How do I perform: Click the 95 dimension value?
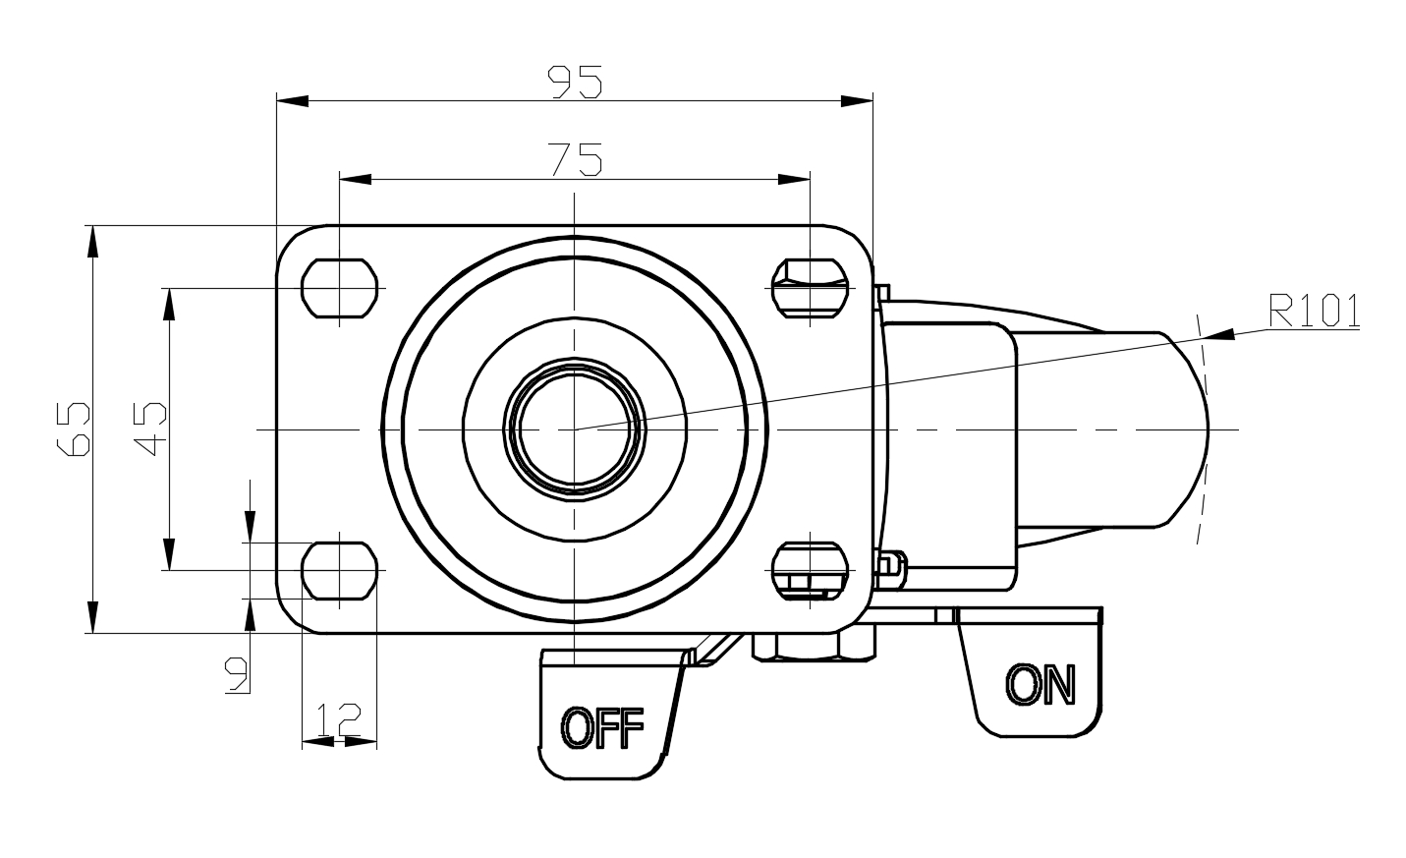click(x=575, y=83)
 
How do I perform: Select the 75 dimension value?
click(x=576, y=159)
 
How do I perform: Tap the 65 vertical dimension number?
click(x=74, y=429)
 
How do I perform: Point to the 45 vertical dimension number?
click(x=150, y=429)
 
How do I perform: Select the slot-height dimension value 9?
click(x=237, y=675)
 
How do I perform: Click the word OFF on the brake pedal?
click(x=602, y=728)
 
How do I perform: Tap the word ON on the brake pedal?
click(x=1040, y=685)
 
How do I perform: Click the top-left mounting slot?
click(x=340, y=288)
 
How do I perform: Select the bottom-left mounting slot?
click(x=340, y=571)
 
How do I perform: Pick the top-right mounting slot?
click(x=810, y=288)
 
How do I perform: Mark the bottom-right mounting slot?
click(x=810, y=571)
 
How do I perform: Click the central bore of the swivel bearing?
click(x=575, y=429)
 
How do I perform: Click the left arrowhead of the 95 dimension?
click(x=293, y=101)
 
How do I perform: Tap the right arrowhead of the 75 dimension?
click(x=794, y=180)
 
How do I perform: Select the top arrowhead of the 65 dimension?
click(x=93, y=241)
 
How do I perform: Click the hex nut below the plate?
click(x=814, y=647)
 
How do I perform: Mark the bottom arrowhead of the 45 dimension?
click(x=169, y=554)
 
